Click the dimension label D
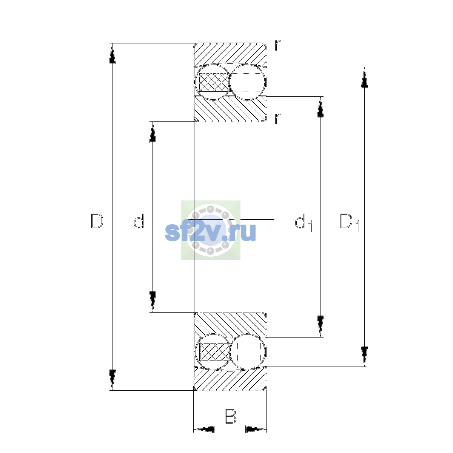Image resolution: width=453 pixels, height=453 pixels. (97, 221)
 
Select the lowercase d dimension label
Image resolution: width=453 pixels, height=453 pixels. (139, 221)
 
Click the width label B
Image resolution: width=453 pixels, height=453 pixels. (230, 416)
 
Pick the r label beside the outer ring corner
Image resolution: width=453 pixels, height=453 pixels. (277, 45)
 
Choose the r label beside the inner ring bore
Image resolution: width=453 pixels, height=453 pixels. (277, 119)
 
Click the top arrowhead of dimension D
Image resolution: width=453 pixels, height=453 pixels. (112, 54)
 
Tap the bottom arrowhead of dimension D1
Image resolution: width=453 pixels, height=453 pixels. (364, 356)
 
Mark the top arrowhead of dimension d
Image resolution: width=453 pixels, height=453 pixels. (153, 132)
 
